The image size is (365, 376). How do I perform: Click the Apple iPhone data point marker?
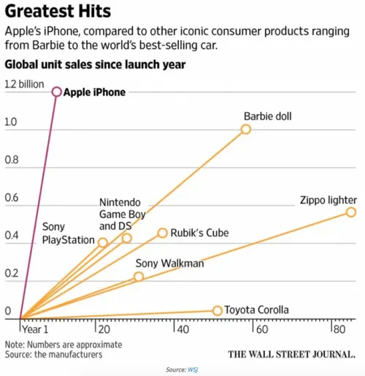(x=56, y=92)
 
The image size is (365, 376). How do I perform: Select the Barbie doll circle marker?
(x=246, y=129)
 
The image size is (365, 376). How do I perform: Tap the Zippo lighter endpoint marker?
(x=350, y=212)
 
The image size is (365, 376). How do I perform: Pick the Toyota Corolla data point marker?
(x=217, y=310)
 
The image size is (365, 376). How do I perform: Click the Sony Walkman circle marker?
(x=139, y=277)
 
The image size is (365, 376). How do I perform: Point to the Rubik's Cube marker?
(x=163, y=233)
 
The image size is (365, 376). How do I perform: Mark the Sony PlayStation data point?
(x=103, y=242)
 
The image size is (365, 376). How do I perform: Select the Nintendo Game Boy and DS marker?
(x=127, y=238)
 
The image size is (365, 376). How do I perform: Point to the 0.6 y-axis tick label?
(x=12, y=199)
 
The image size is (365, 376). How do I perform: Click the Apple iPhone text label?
(x=94, y=92)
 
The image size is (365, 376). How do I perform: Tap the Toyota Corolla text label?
(x=258, y=310)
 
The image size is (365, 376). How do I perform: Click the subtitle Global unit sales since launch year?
(x=95, y=65)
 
